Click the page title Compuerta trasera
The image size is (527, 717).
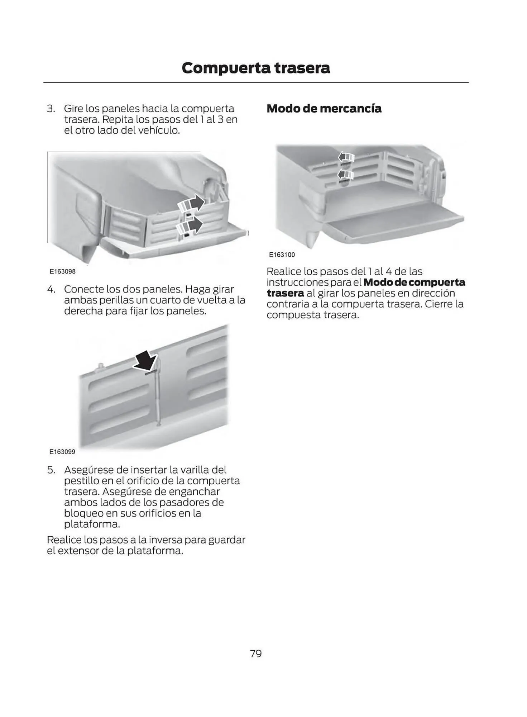point(255,68)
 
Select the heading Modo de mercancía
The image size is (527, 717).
point(324,108)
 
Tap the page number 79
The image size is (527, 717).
point(256,654)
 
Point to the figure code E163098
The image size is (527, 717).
point(63,271)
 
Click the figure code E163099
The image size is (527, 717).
point(62,452)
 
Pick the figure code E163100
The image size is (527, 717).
point(282,255)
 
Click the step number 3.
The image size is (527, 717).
point(51,108)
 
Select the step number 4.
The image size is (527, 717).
point(51,289)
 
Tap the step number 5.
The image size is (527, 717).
point(51,470)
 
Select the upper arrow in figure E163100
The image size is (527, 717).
point(346,157)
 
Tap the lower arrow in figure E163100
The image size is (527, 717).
point(346,175)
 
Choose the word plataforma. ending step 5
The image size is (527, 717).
point(92,524)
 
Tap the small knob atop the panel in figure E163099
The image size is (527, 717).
point(100,366)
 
